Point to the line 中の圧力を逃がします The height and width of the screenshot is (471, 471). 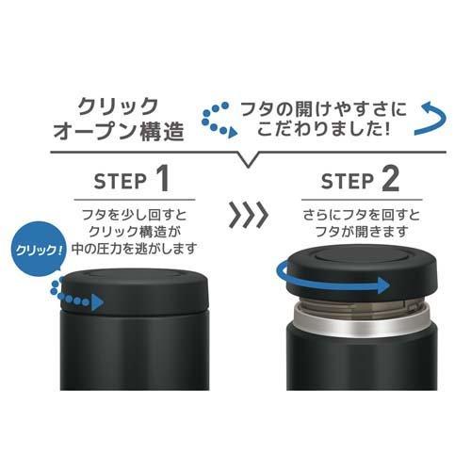click(138, 249)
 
